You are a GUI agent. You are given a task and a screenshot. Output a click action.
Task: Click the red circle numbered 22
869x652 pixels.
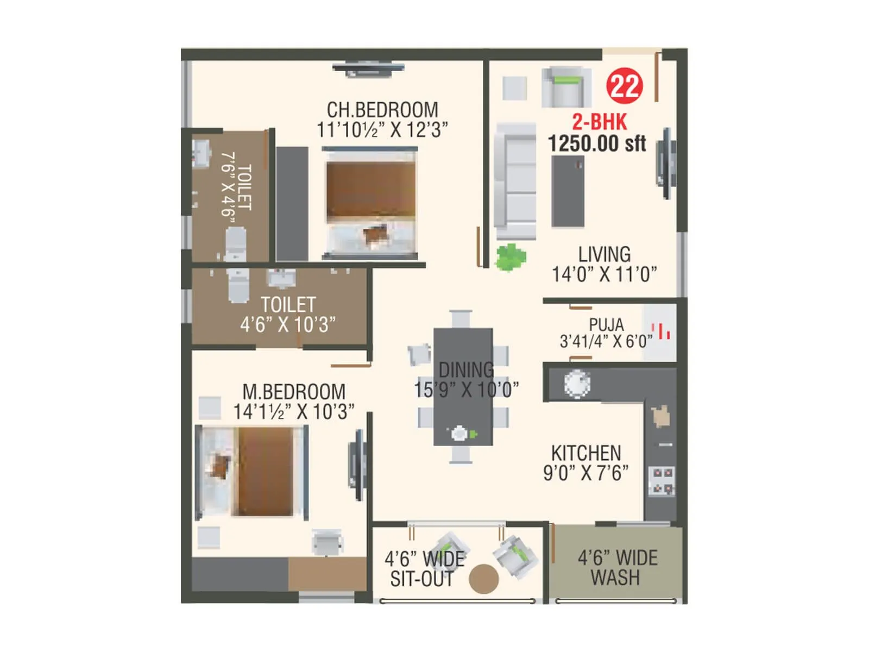pos(625,86)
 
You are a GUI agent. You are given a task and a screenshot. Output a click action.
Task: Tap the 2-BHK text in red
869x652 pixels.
pos(600,122)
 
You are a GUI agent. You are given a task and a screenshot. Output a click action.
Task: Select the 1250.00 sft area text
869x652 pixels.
pos(597,144)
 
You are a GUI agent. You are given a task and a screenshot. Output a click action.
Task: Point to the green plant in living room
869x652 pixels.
pos(511,257)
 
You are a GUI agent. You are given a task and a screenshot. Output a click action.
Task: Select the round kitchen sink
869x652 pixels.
pos(576,384)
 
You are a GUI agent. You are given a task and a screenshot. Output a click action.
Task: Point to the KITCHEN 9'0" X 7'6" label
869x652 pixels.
pos(586,463)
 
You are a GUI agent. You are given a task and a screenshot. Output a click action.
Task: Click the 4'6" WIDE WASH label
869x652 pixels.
pos(617,568)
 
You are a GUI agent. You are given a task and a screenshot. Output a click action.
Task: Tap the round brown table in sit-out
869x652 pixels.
pos(483,579)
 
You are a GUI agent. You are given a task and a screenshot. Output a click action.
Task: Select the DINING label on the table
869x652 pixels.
pos(466,370)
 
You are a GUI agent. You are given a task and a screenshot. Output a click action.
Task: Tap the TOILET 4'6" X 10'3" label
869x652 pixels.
pos(288,315)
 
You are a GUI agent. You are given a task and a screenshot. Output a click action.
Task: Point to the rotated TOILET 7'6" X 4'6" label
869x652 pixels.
pos(237,186)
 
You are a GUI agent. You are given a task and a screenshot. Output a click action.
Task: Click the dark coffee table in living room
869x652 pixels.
pos(568,191)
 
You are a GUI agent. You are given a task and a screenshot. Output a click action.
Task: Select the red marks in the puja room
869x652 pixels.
pos(663,331)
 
